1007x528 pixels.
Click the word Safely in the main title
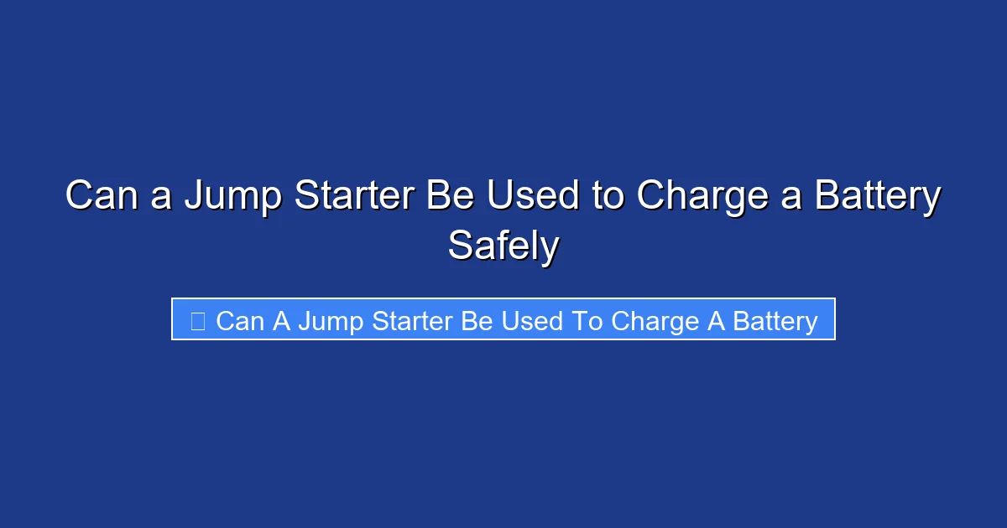coord(503,246)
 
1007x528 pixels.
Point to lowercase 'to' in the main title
coord(607,196)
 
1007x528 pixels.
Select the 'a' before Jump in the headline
coord(160,196)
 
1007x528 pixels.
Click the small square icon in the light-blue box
coord(198,321)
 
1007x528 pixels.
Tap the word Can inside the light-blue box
coord(239,321)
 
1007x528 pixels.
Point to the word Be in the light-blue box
coord(477,321)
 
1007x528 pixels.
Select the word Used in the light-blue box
coord(532,321)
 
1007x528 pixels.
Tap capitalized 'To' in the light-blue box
coord(587,321)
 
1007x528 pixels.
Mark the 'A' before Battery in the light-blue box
coord(716,321)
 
